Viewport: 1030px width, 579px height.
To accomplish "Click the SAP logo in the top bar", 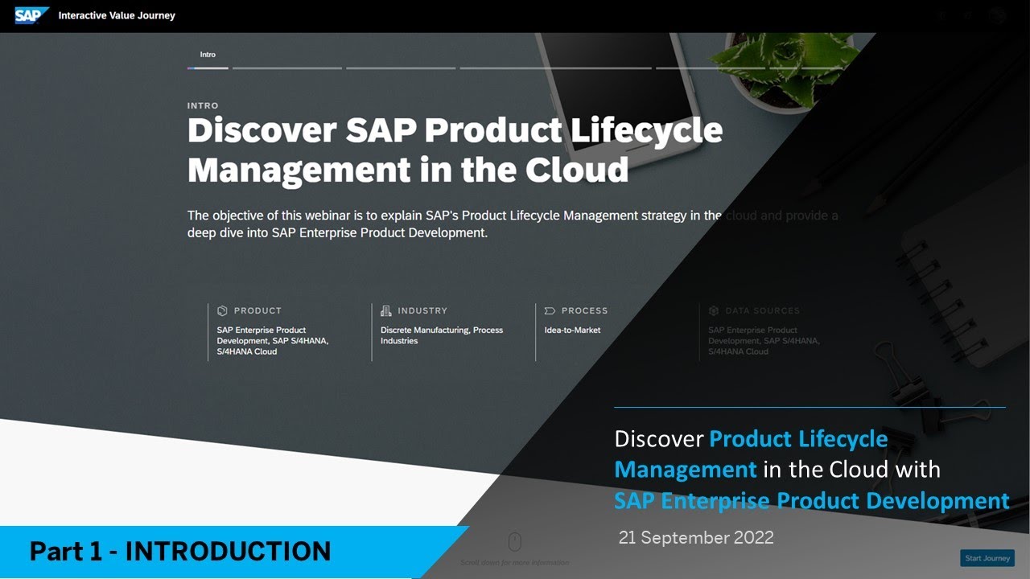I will tap(31, 15).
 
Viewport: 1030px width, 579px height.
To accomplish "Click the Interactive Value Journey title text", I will tap(117, 15).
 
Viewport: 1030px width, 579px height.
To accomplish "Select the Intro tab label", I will tap(208, 55).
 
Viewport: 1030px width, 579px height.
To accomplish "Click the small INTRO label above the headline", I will tap(203, 105).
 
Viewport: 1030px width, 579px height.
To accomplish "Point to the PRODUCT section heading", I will tap(257, 310).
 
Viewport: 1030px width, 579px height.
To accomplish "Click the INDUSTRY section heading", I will tap(422, 310).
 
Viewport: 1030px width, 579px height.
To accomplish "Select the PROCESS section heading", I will tap(584, 310).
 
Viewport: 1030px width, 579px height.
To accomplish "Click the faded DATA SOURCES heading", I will tap(761, 310).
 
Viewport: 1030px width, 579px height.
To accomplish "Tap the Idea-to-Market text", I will tap(572, 330).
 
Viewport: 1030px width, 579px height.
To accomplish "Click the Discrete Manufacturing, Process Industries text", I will tap(442, 335).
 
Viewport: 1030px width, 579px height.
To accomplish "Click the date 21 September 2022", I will tap(696, 538).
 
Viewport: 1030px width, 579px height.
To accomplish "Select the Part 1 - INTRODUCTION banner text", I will tap(180, 552).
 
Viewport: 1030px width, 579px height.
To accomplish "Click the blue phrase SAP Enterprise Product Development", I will tap(811, 500).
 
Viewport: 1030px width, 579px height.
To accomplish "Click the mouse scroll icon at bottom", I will tap(515, 541).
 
